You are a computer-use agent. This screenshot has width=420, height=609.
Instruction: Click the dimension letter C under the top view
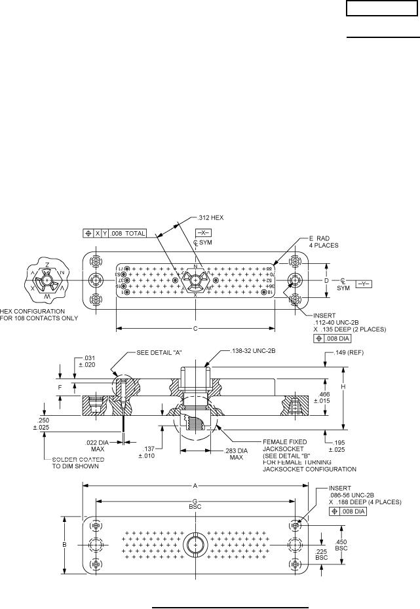tap(195, 328)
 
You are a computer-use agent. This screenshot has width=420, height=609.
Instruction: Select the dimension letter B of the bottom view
tap(65, 544)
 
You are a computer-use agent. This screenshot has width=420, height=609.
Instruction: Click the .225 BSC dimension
tap(321, 555)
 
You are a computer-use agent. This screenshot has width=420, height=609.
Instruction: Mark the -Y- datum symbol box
tap(364, 283)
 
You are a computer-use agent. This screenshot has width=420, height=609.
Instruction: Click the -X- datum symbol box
tap(203, 233)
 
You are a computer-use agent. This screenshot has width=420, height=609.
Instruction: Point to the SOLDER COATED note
tap(75, 459)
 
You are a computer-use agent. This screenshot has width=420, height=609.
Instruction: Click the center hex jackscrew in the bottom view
tap(195, 545)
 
